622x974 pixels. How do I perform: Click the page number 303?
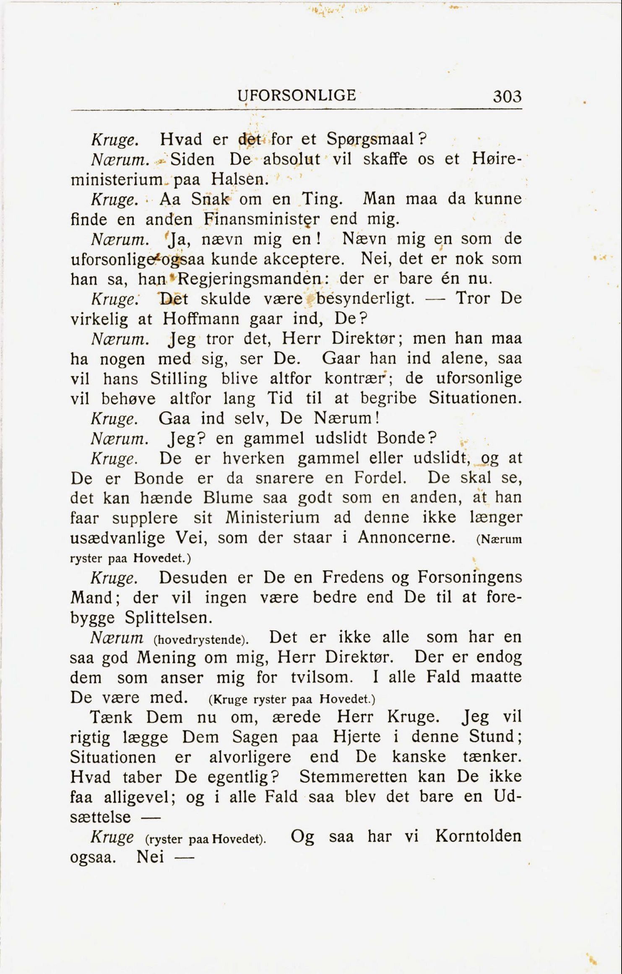click(x=507, y=97)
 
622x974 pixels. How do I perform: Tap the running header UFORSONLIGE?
click(x=297, y=96)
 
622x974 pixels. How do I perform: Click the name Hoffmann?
click(x=201, y=319)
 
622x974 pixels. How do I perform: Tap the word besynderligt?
click(x=364, y=299)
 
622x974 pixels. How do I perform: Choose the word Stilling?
click(x=179, y=379)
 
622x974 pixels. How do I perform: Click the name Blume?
click(x=228, y=498)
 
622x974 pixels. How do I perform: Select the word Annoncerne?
click(x=406, y=538)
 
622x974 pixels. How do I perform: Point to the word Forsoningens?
click(x=470, y=577)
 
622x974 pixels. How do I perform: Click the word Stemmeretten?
click(x=353, y=777)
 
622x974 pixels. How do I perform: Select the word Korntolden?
click(x=478, y=836)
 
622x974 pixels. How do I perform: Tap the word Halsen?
click(x=239, y=179)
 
